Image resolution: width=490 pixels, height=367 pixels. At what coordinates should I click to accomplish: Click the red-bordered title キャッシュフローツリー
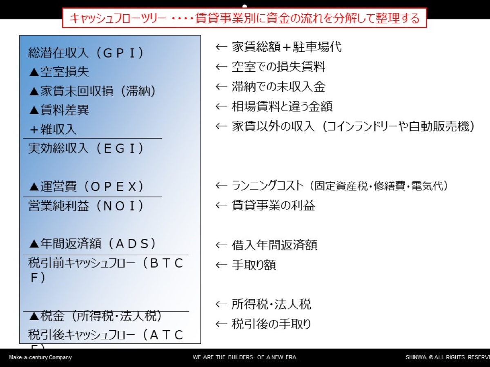pyautogui.click(x=118, y=18)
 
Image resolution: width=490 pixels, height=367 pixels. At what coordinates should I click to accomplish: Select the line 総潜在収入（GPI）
pyautogui.click(x=86, y=53)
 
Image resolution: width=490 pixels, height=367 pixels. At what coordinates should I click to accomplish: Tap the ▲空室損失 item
pyautogui.click(x=59, y=72)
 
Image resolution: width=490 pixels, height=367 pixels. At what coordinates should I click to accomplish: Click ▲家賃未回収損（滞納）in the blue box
pyautogui.click(x=92, y=91)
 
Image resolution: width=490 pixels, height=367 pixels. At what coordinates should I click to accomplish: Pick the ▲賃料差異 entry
pyautogui.click(x=59, y=110)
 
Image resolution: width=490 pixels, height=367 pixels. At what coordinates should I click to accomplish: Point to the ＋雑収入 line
pyautogui.click(x=53, y=129)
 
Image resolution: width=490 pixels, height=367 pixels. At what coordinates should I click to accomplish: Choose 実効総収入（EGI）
pyautogui.click(x=86, y=148)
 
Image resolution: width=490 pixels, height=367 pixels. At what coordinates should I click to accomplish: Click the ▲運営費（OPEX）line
pyautogui.click(x=87, y=186)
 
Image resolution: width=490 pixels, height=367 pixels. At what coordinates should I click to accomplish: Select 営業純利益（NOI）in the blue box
pyautogui.click(x=86, y=206)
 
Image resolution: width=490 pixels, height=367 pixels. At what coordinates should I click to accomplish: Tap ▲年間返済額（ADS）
pyautogui.click(x=92, y=243)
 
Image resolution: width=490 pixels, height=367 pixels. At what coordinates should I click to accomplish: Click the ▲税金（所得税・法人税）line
pyautogui.click(x=96, y=316)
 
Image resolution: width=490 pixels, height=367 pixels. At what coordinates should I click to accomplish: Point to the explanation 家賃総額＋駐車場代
pyautogui.click(x=287, y=47)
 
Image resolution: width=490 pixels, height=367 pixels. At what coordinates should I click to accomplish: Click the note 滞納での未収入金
pyautogui.click(x=278, y=87)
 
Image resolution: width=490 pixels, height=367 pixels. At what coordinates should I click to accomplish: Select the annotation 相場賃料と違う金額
pyautogui.click(x=282, y=106)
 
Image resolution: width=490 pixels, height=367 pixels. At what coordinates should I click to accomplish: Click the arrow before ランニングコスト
pyautogui.click(x=221, y=186)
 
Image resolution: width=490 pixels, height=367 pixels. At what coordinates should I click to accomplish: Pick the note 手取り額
pyautogui.click(x=254, y=265)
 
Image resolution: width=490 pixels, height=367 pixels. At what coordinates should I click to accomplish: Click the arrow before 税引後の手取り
pyautogui.click(x=221, y=324)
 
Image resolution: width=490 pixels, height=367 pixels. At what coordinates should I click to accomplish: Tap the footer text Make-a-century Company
pyautogui.click(x=40, y=358)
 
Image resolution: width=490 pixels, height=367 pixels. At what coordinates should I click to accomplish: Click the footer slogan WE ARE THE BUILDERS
pyautogui.click(x=223, y=358)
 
